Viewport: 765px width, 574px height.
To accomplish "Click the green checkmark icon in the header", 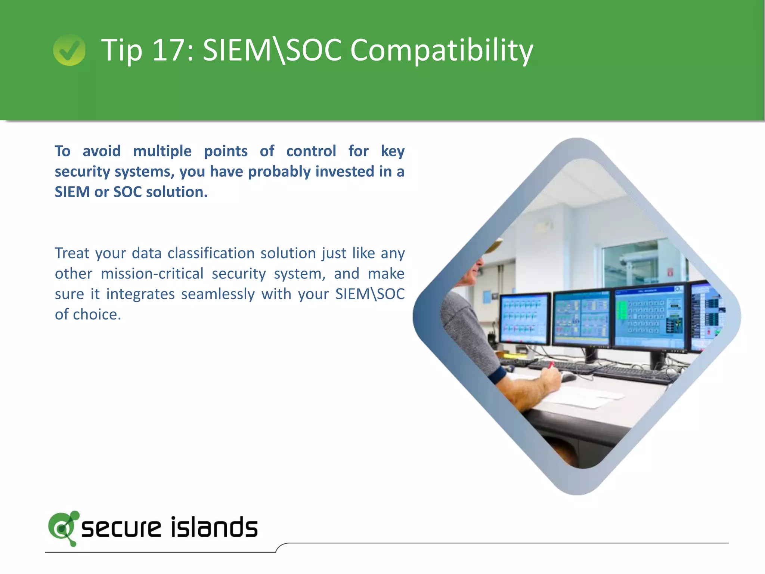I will [x=69, y=50].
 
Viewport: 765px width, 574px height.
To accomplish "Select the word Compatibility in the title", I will [x=442, y=50].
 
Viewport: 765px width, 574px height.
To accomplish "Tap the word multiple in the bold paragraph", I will [x=162, y=151].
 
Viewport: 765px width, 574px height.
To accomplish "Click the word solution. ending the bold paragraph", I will [x=176, y=192].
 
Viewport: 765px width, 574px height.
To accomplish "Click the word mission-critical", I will [x=152, y=274].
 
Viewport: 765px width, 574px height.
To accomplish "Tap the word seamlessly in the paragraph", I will [x=218, y=294].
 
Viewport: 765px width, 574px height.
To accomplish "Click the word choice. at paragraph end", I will [x=97, y=315].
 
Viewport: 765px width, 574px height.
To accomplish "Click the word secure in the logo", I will [x=121, y=528].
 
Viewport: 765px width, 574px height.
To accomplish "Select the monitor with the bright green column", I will [x=650, y=317].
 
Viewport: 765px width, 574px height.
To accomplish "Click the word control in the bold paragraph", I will [x=311, y=151].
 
